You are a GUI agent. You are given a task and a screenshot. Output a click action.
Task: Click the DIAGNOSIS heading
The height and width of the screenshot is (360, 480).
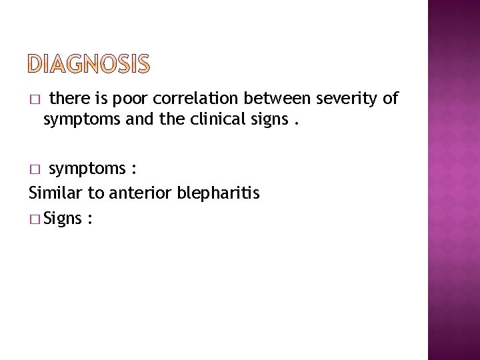click(90, 64)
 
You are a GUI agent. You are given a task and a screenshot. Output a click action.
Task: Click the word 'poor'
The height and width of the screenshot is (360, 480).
click(130, 99)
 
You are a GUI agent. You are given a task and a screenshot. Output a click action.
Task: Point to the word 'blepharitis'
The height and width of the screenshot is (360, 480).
click(219, 193)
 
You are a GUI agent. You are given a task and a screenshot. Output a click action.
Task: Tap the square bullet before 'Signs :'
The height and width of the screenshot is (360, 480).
click(34, 219)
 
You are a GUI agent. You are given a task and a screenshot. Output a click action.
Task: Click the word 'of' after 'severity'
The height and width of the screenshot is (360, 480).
click(390, 99)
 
